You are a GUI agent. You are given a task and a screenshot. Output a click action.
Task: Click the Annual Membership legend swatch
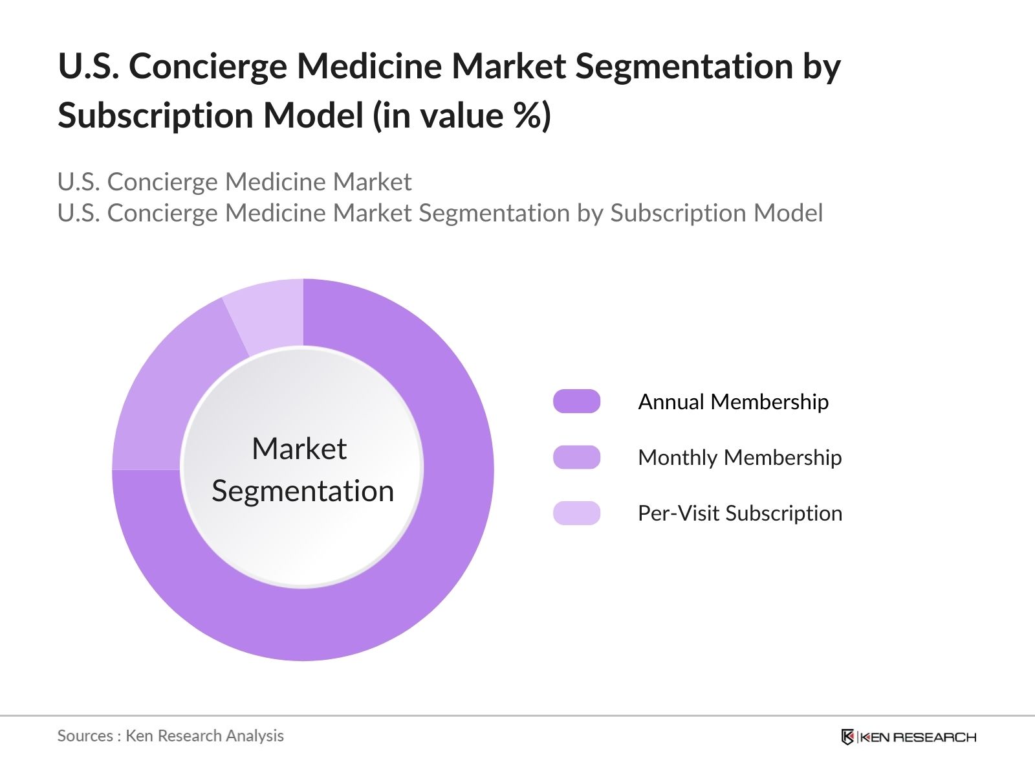576,401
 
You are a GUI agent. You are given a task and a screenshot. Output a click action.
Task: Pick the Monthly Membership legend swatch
576,457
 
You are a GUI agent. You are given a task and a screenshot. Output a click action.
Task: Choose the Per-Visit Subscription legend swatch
576,513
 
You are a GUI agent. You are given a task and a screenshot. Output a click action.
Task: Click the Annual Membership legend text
733,401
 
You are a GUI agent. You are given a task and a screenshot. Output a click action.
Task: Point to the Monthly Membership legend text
739,457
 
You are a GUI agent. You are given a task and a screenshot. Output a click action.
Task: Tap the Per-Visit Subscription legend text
739,513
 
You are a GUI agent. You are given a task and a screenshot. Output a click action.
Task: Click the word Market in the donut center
299,449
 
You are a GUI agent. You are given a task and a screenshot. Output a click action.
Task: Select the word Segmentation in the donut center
303,491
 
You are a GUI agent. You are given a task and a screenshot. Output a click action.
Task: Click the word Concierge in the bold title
207,67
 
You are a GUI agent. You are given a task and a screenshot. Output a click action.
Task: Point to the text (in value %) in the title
462,116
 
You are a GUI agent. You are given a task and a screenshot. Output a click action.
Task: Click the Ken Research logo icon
847,737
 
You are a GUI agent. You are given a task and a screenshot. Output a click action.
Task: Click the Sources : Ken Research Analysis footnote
170,736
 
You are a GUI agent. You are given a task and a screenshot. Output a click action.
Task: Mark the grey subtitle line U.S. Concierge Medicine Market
234,182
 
